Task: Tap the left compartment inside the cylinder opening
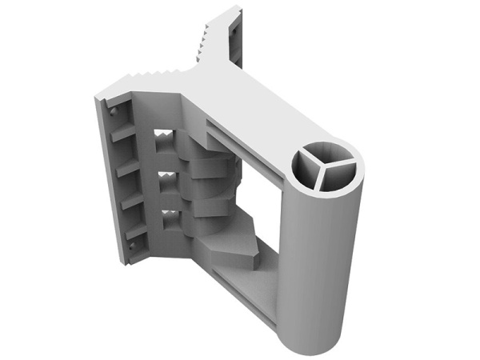309,173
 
